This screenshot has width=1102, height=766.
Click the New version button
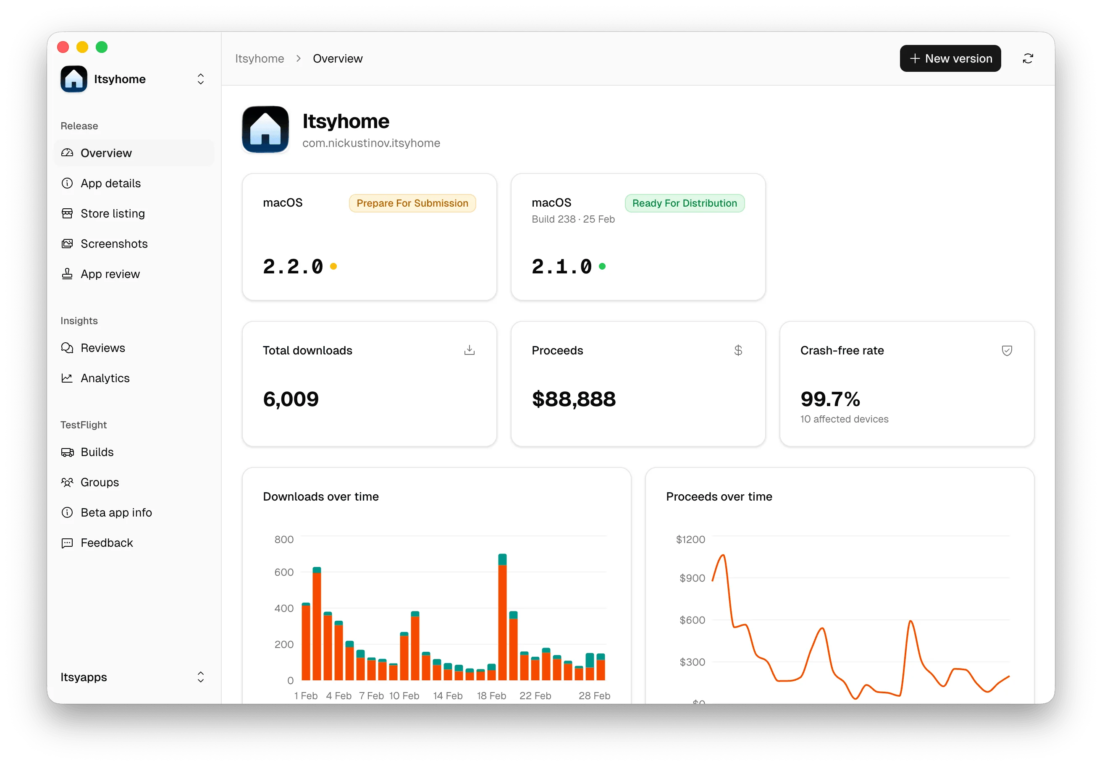coord(950,58)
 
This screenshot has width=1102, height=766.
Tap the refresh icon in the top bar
coord(1028,58)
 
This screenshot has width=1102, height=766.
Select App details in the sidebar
coord(110,184)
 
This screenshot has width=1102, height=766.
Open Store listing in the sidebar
coord(112,214)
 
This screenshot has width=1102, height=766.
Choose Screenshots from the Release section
coord(114,244)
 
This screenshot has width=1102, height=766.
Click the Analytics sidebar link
coord(105,378)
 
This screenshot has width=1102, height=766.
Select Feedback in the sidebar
coord(107,543)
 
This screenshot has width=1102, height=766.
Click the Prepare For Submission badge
coord(412,203)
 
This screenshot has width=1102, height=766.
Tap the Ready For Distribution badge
coord(684,203)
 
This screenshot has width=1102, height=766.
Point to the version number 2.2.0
coord(293,266)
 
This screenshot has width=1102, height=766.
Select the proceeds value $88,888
coord(574,399)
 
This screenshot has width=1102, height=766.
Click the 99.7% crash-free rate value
coord(830,399)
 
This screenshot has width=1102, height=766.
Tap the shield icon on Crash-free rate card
coord(1007,350)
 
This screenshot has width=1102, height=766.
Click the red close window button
coord(63,47)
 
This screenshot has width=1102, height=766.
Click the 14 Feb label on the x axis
coord(447,695)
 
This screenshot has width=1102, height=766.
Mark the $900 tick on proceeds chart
coord(692,578)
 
